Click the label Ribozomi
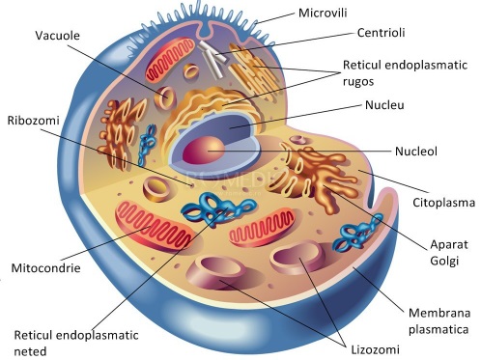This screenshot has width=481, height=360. [32, 121]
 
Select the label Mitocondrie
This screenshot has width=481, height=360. [45, 264]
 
